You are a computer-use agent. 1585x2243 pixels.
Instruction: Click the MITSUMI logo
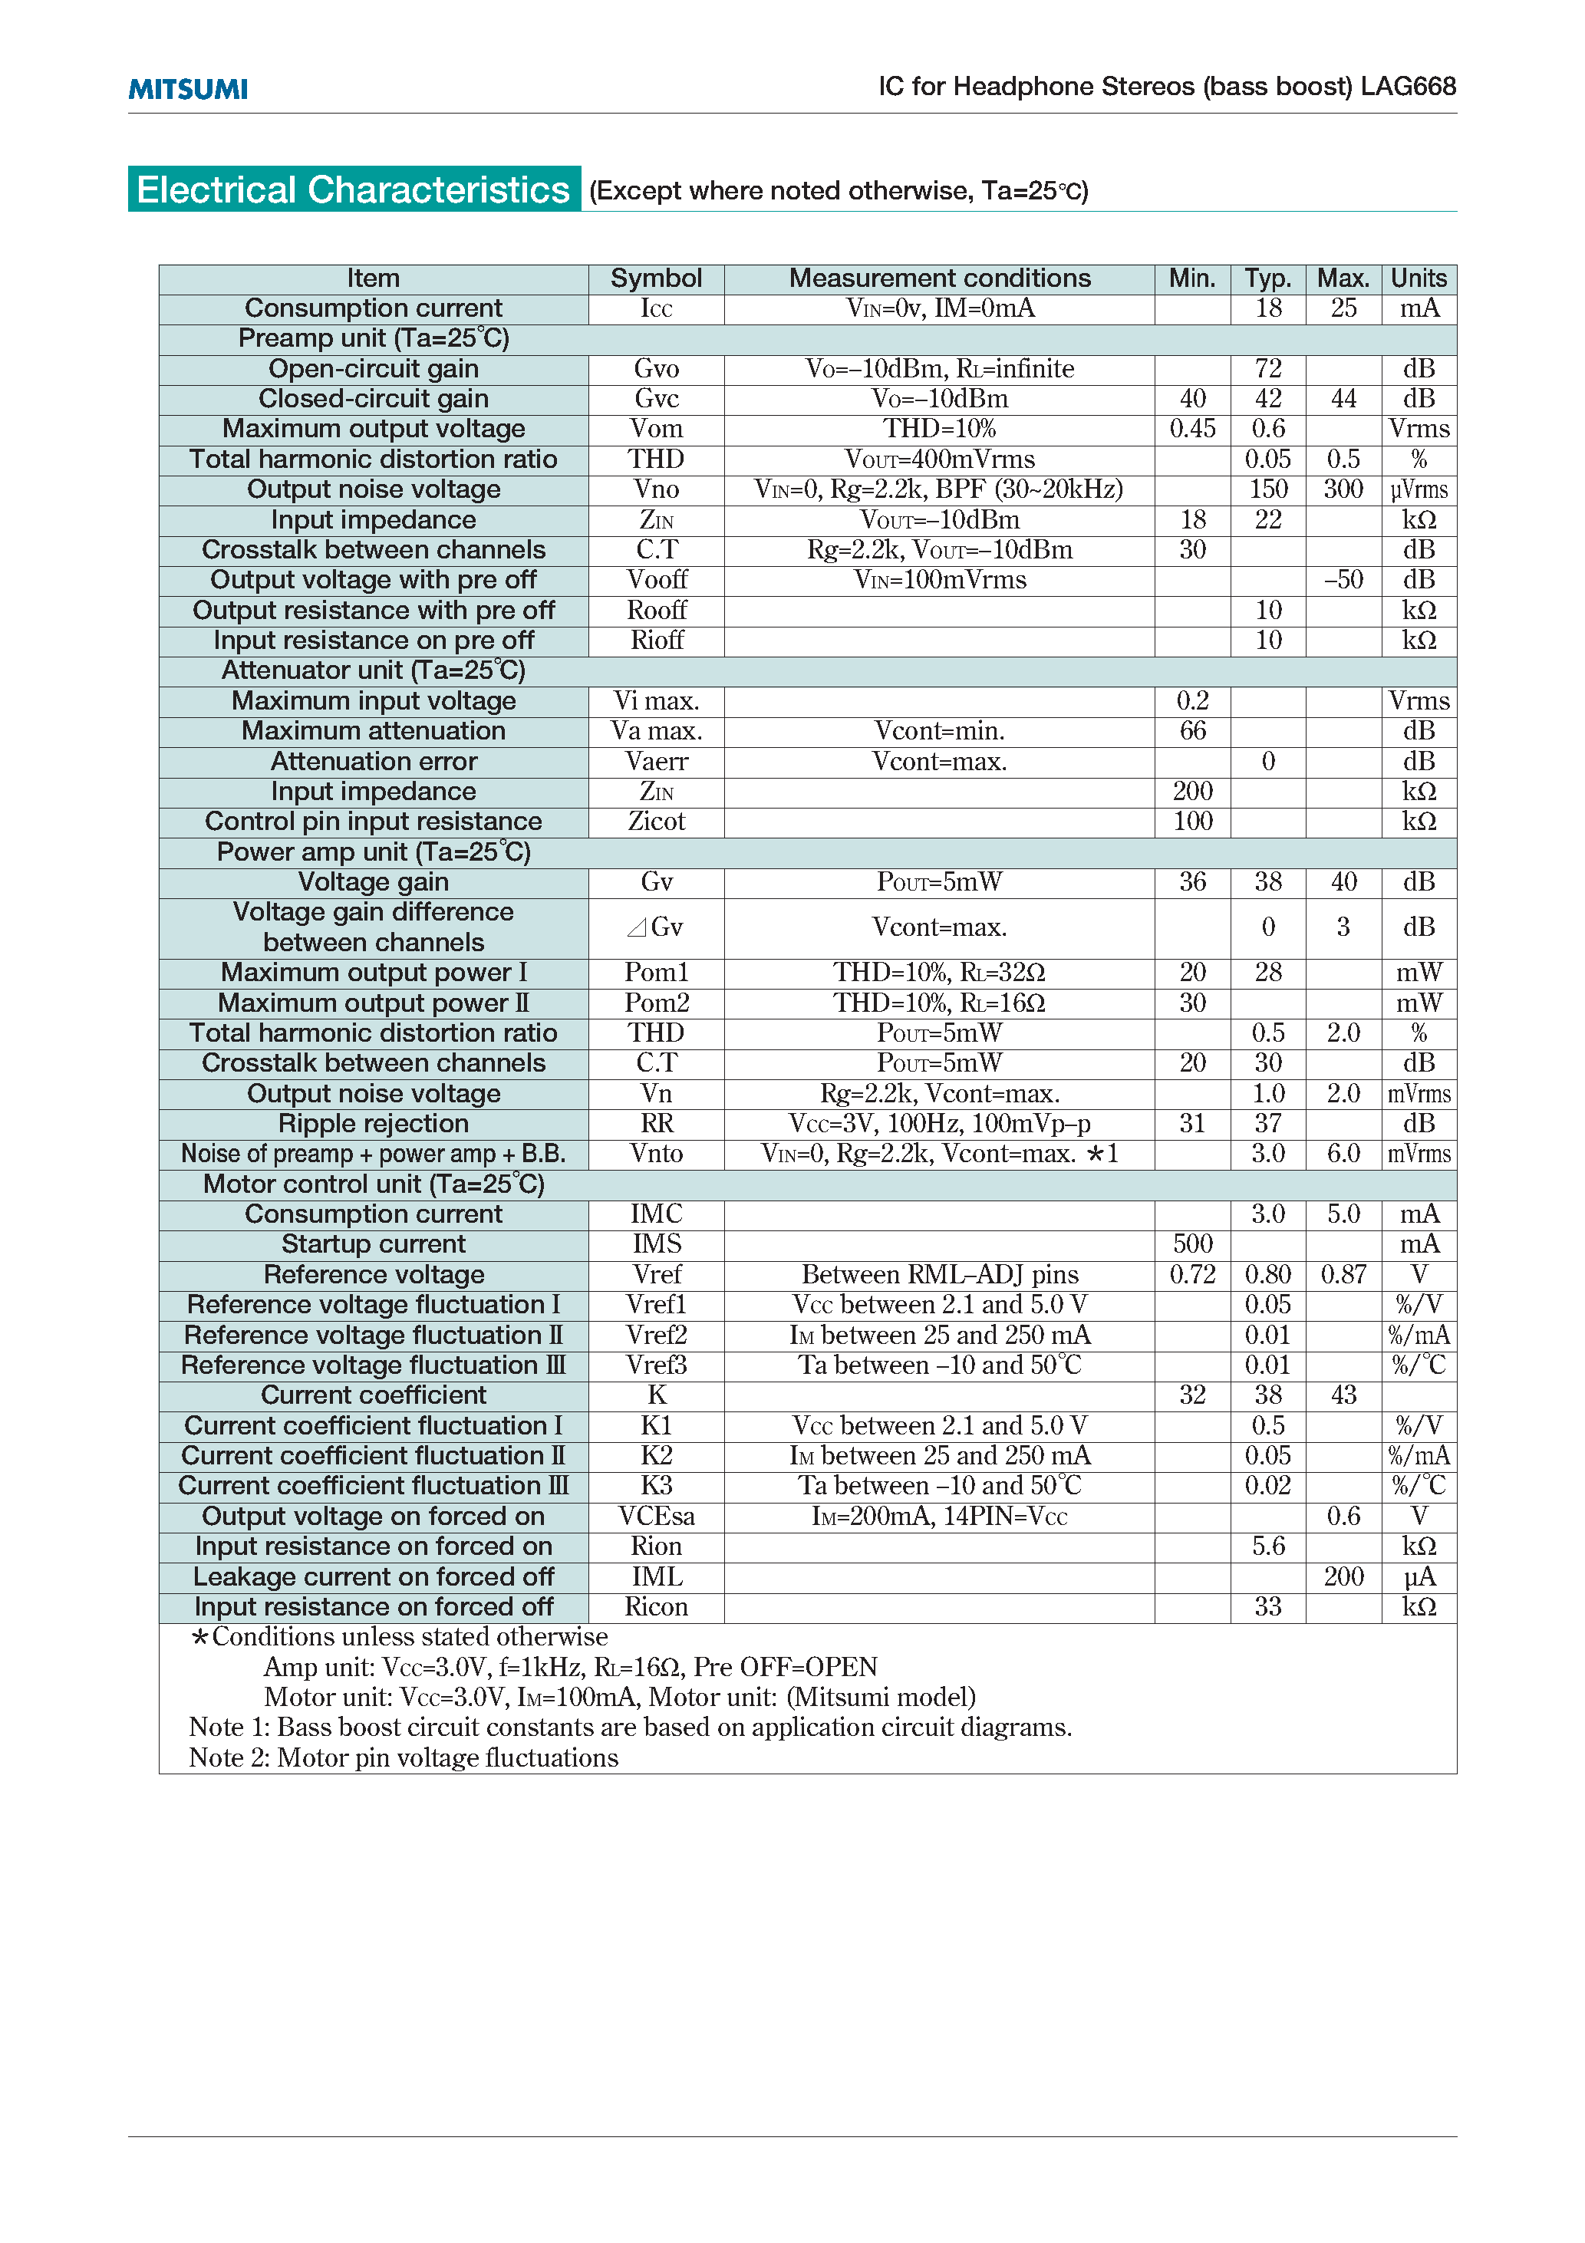[188, 89]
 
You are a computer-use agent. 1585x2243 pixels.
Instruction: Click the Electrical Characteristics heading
[353, 189]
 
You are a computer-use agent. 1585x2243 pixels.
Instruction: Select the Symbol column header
[656, 278]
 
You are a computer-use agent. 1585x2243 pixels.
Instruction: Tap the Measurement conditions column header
[939, 278]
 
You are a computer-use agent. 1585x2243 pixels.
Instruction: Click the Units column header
[1418, 278]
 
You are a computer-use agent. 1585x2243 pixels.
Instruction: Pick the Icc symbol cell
[656, 308]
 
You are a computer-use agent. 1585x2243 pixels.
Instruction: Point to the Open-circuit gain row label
[374, 368]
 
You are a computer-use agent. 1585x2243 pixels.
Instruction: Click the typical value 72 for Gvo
[1267, 368]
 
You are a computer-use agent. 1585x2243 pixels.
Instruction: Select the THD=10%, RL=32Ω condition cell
[939, 973]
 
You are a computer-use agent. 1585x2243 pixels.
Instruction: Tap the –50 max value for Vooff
[1343, 580]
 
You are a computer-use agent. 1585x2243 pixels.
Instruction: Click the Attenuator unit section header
[374, 670]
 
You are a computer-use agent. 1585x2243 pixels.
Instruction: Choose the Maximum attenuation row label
[374, 731]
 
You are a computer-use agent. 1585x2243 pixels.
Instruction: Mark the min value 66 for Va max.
[1192, 731]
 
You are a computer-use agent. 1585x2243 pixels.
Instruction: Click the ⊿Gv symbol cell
[656, 927]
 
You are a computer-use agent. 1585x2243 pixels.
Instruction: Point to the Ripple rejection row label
[374, 1124]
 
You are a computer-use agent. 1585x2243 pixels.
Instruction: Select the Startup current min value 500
[1192, 1243]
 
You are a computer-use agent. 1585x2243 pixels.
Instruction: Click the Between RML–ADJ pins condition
[939, 1274]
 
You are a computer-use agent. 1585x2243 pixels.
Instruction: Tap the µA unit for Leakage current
[1418, 1576]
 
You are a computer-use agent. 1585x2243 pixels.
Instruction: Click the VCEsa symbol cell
[656, 1517]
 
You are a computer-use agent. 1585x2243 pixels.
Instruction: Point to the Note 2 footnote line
[404, 1757]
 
